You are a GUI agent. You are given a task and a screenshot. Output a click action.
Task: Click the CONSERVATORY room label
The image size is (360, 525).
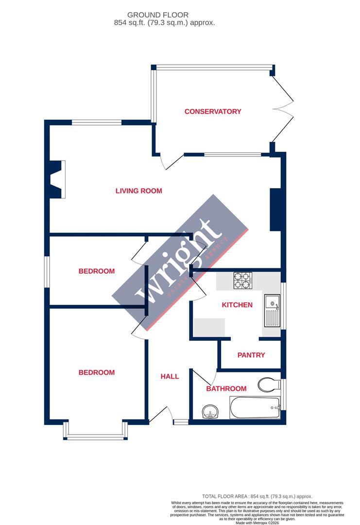[213, 111]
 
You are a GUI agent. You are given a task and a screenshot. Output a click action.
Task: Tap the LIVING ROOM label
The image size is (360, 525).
[138, 191]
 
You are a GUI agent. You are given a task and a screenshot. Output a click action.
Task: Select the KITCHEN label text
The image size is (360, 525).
[237, 305]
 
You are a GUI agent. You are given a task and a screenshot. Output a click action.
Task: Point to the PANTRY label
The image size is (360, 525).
[251, 355]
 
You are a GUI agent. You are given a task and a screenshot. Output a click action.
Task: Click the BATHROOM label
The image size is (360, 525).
[226, 388]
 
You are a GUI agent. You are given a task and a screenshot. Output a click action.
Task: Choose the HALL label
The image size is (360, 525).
[170, 376]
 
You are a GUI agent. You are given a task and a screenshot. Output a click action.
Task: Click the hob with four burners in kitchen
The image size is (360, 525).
[243, 280]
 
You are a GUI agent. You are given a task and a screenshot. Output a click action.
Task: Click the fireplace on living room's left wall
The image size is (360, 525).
[57, 179]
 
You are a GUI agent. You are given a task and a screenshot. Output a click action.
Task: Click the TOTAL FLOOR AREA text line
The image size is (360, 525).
[257, 496]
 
